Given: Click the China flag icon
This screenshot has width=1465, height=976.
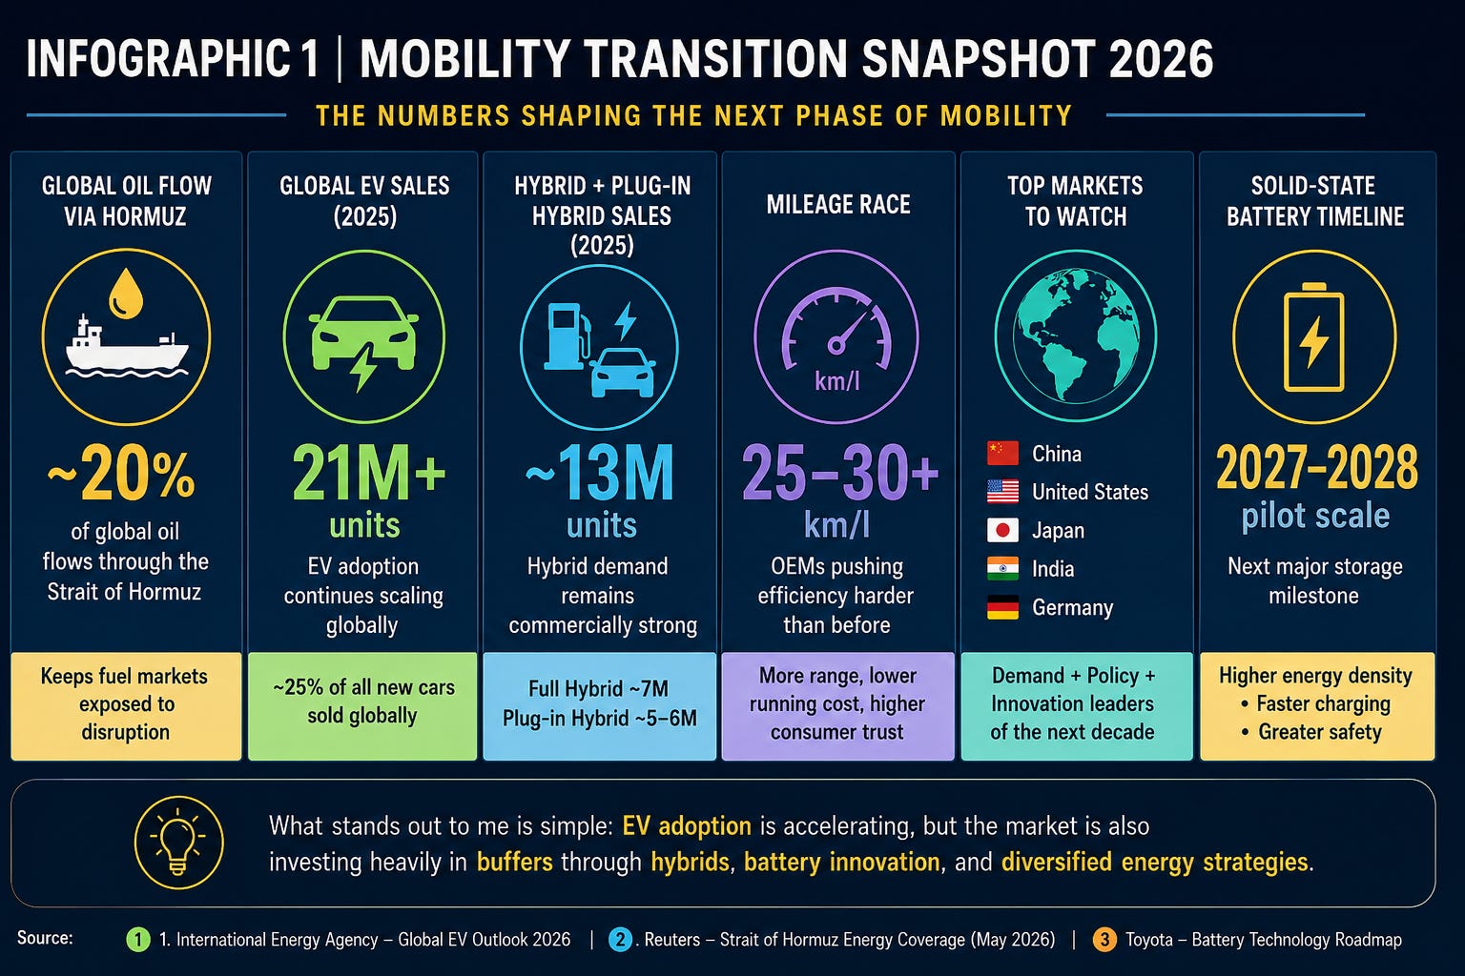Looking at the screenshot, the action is (x=1002, y=453).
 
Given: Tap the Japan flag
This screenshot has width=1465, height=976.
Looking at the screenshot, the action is (x=1002, y=530).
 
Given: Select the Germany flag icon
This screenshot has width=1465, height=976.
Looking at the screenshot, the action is (x=1002, y=607).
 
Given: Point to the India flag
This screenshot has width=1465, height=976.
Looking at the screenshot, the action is (x=1002, y=569).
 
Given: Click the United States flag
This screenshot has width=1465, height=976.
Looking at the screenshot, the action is (x=1002, y=492).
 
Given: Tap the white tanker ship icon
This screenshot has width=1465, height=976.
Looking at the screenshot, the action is (x=127, y=347).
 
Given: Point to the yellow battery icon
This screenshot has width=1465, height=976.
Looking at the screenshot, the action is (x=1314, y=337).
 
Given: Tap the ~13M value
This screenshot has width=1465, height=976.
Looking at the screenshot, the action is (x=600, y=472).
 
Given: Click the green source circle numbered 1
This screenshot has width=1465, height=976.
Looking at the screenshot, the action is (x=138, y=940).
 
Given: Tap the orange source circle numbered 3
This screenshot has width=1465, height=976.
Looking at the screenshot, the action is (x=1104, y=940).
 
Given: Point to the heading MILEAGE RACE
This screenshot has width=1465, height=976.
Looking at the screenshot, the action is (x=837, y=205).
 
